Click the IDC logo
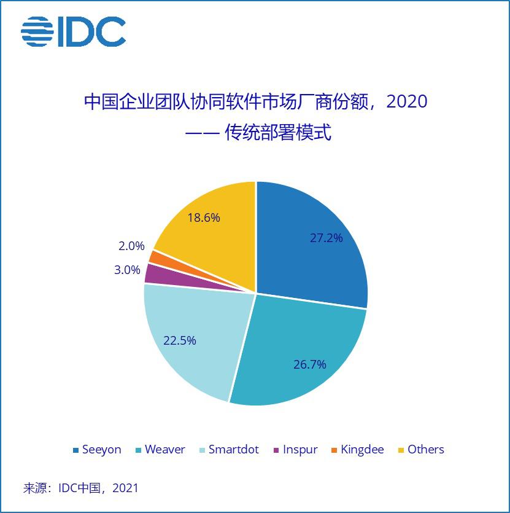pos(74,31)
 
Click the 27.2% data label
pos(326,238)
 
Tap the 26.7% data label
pos(309,364)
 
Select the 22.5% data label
pos(179,340)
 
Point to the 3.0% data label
pos(127,270)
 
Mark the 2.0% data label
pos(131,246)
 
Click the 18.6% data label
pos(203,217)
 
